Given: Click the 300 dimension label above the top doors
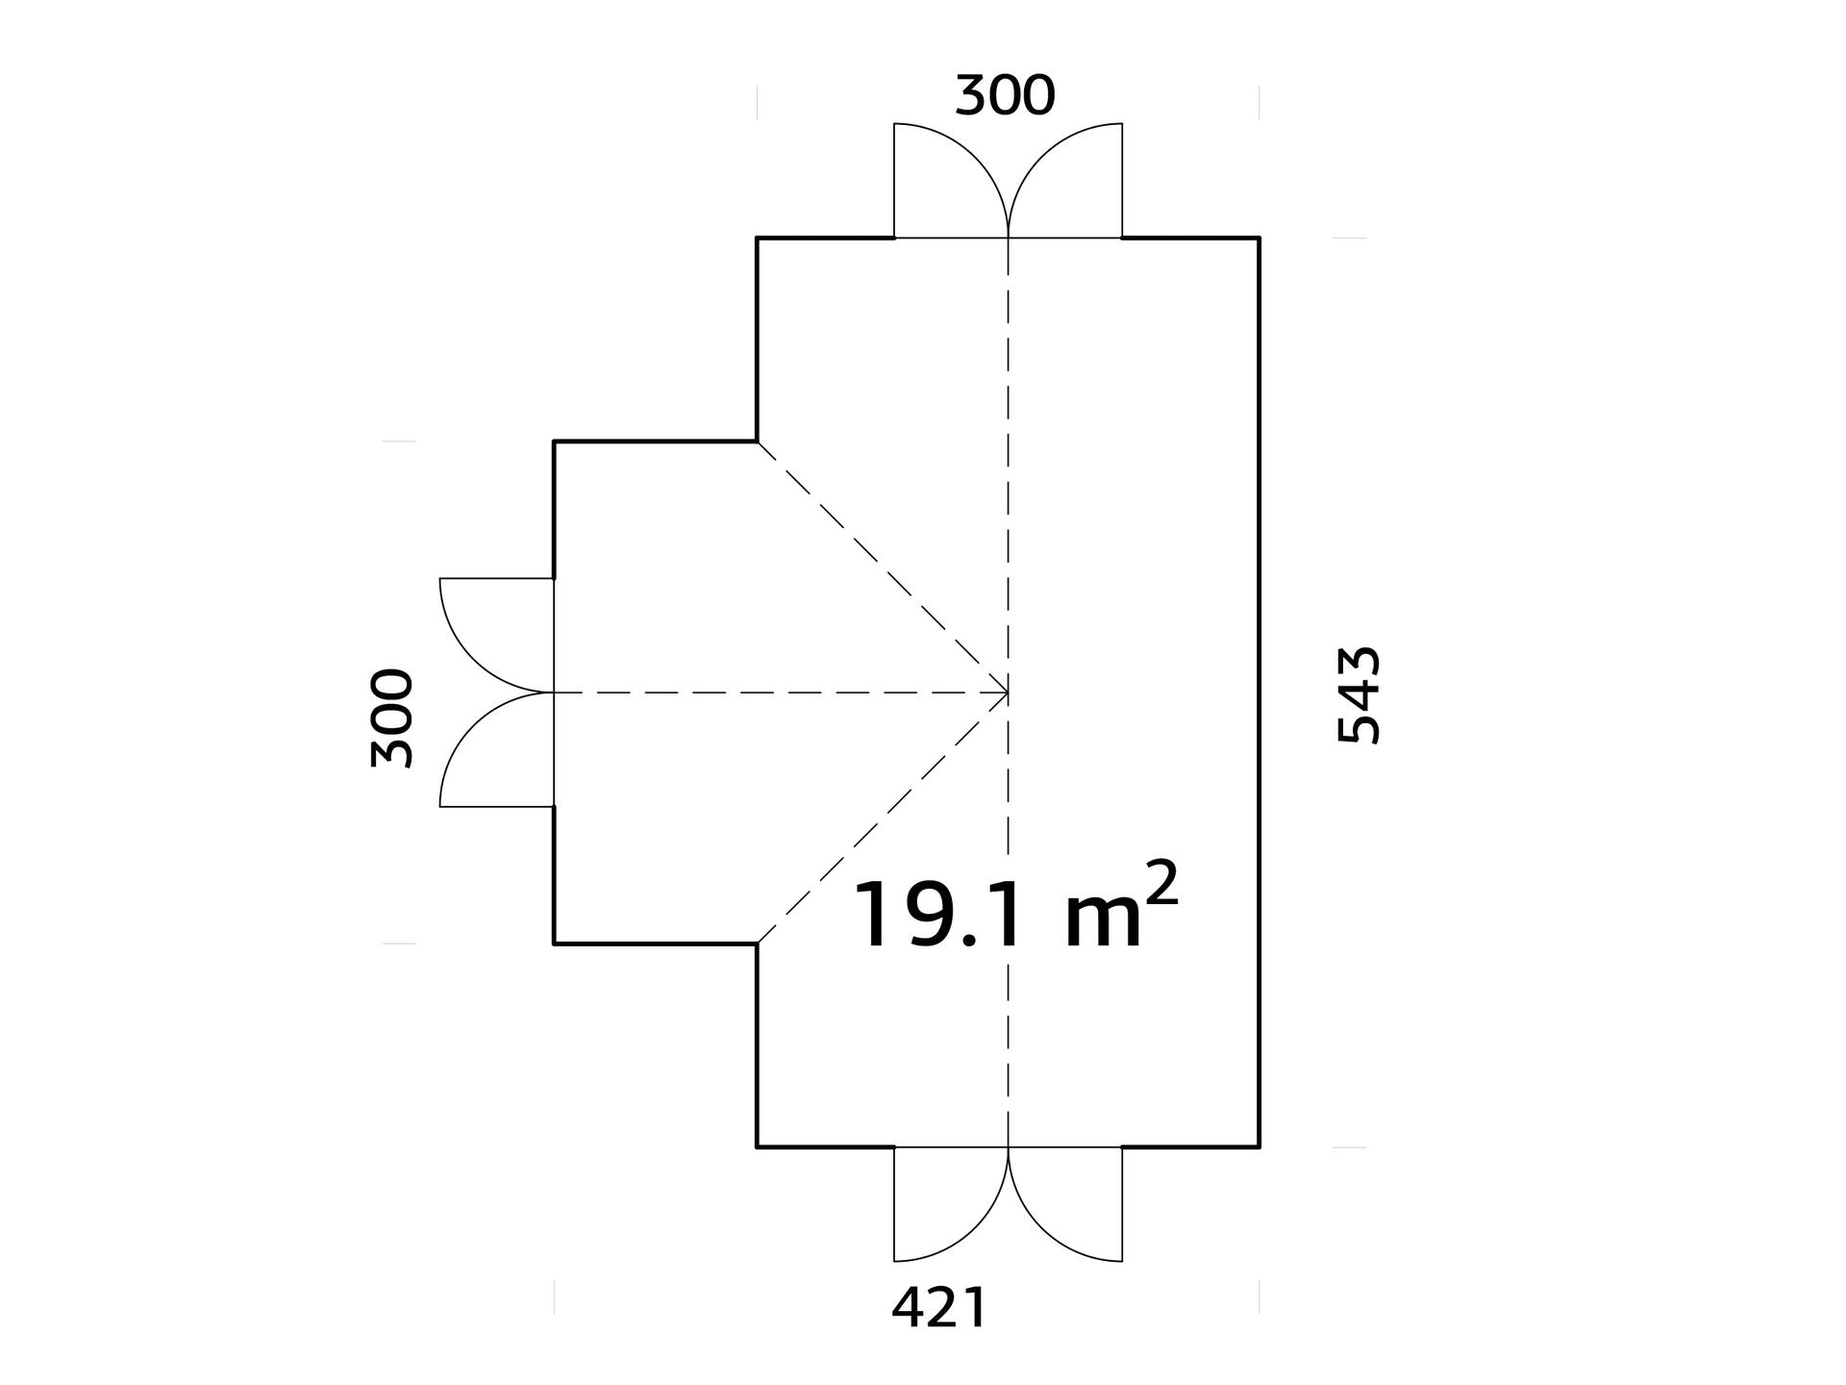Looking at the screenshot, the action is [x=1005, y=96].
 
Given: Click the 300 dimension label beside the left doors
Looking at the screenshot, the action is [x=392, y=718].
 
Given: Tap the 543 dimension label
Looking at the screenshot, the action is [x=1360, y=694].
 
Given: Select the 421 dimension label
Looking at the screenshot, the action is [x=938, y=1308].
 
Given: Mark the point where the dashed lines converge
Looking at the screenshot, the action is [x=1008, y=692].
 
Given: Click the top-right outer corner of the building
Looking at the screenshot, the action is [x=1260, y=237].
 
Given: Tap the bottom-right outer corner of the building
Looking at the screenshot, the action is [x=1260, y=1147].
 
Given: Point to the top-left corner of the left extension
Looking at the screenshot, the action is [x=554, y=441].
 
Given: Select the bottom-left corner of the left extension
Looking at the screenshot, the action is [x=554, y=944].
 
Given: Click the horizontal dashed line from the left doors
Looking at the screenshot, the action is [x=781, y=692].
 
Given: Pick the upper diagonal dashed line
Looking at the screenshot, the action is [x=883, y=567].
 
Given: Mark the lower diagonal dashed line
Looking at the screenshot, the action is [x=883, y=818].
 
